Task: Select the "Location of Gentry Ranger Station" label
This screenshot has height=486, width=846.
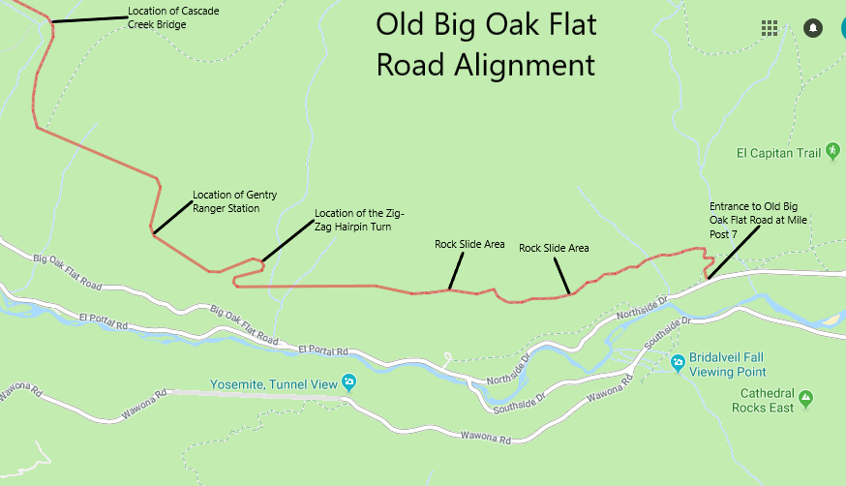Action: coord(234,201)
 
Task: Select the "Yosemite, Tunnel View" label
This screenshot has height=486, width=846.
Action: coord(275,383)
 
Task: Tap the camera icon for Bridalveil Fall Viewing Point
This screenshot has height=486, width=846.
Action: coord(678,363)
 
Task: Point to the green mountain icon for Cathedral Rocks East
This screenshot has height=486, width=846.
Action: coord(805,396)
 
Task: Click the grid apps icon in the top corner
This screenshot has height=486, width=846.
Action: coord(770,27)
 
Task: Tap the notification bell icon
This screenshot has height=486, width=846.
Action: coord(813,27)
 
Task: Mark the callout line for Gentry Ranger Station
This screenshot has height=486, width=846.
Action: coord(171,218)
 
